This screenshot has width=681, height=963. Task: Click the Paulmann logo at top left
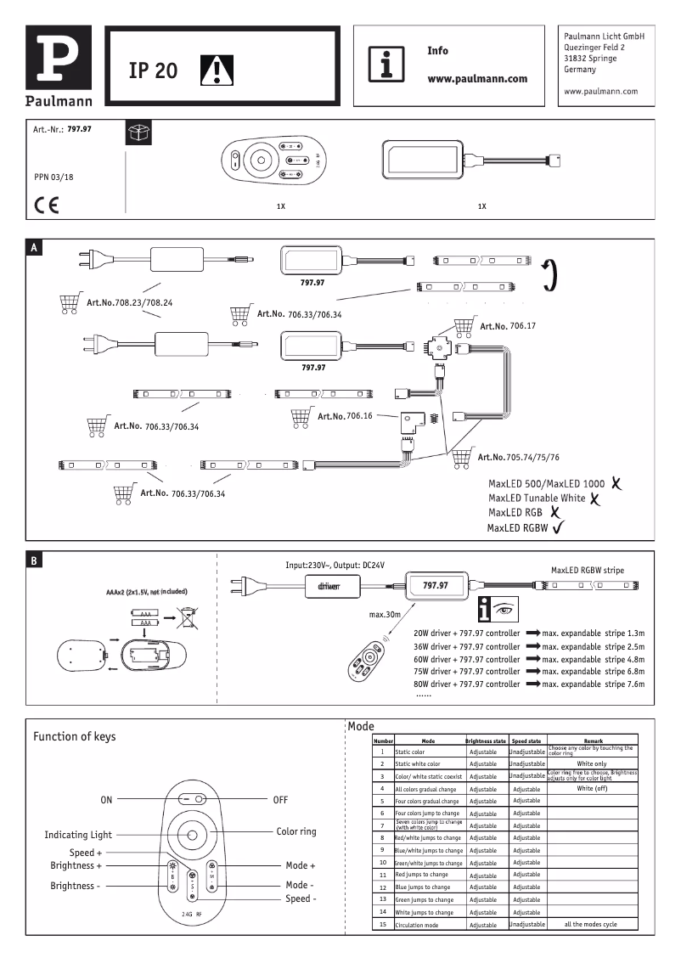[x=58, y=65]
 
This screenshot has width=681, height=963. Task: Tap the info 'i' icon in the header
[x=386, y=65]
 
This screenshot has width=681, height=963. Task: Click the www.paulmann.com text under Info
[x=476, y=78]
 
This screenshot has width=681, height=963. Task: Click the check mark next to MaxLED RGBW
[x=559, y=527]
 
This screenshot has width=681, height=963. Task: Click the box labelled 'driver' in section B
[x=329, y=586]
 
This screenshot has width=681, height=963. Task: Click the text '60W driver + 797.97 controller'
[x=466, y=658]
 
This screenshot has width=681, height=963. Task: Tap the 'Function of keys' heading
[x=75, y=736]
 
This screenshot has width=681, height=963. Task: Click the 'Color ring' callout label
[x=296, y=831]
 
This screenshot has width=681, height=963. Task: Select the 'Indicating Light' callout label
[x=78, y=835]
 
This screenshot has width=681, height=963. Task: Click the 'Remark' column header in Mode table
[x=593, y=741]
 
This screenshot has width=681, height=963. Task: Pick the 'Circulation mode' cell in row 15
[x=417, y=924]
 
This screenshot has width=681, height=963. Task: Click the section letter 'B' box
[x=33, y=560]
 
